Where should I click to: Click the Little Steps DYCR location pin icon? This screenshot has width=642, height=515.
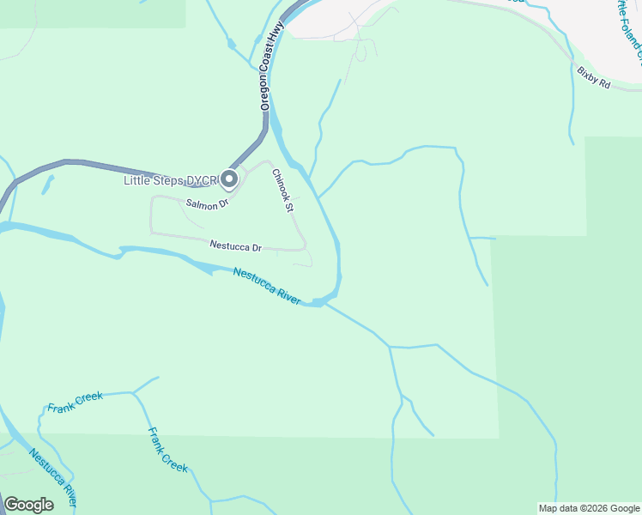pos(229,179)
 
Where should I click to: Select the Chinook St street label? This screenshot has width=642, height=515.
pos(283,191)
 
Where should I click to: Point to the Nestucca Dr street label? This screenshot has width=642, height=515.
pos(235,246)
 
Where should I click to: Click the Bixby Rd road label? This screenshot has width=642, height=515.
pos(592,79)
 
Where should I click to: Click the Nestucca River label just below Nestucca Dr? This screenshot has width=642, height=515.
pos(267,284)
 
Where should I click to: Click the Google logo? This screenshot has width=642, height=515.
pos(28,505)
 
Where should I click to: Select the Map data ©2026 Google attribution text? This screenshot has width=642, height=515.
pos(589,508)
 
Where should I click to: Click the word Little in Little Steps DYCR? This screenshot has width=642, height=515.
pos(137,180)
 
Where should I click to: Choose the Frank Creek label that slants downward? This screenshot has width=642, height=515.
pos(167,450)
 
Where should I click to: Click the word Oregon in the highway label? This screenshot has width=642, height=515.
pos(263,92)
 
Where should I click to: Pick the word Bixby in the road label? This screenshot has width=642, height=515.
pos(586,76)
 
